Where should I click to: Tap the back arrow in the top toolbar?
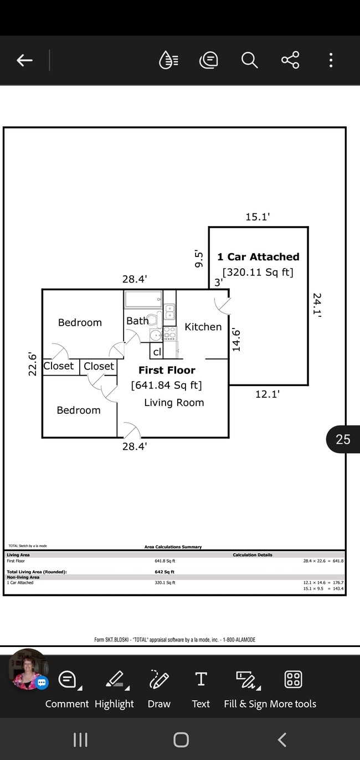pyautogui.click(x=24, y=60)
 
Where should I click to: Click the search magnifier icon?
pyautogui.click(x=250, y=60)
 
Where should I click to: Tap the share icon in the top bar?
pyautogui.click(x=290, y=60)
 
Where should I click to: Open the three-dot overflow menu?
pyautogui.click(x=331, y=60)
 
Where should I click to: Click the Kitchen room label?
pyautogui.click(x=203, y=327)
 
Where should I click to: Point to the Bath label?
pyautogui.click(x=137, y=321)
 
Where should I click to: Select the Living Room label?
pyautogui.click(x=174, y=403)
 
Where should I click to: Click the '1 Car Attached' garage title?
pyautogui.click(x=258, y=257)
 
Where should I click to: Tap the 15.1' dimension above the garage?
pyautogui.click(x=257, y=217)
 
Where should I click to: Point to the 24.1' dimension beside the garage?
pyautogui.click(x=317, y=305)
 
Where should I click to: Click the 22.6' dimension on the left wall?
pyautogui.click(x=33, y=364)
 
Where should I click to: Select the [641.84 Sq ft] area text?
pyautogui.click(x=166, y=385)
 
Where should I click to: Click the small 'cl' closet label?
pyautogui.click(x=157, y=352)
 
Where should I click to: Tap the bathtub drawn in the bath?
pyautogui.click(x=143, y=300)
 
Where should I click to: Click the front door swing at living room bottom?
pyautogui.click(x=131, y=430)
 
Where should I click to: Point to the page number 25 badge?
pyautogui.click(x=343, y=439)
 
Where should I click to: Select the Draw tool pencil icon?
pyautogui.click(x=159, y=679)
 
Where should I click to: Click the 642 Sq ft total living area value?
pyautogui.click(x=164, y=572)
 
